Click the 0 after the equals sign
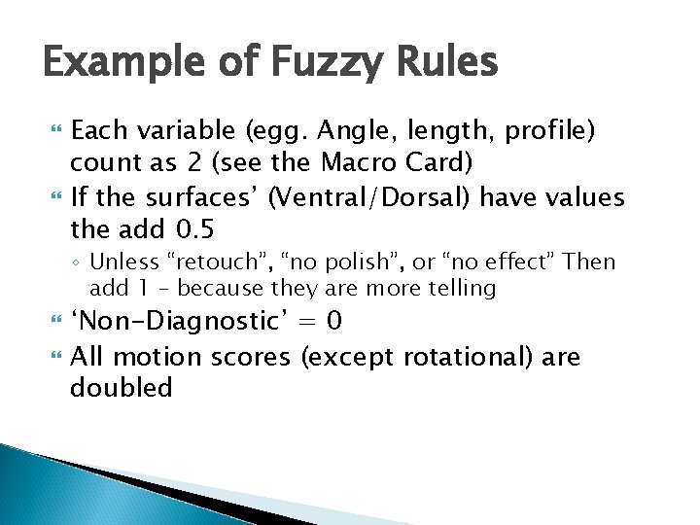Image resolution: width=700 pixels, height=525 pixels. point(332,321)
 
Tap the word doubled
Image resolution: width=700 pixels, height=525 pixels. point(121,387)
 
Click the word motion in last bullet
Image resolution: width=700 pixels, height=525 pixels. point(154,357)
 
